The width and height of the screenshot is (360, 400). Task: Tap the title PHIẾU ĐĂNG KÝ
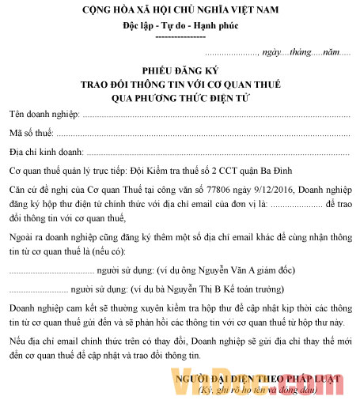click(x=180, y=70)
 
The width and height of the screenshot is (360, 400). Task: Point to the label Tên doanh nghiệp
click(x=44, y=115)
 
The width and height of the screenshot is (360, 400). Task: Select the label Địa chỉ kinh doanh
click(x=47, y=150)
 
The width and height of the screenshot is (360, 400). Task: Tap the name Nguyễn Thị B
click(x=205, y=289)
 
